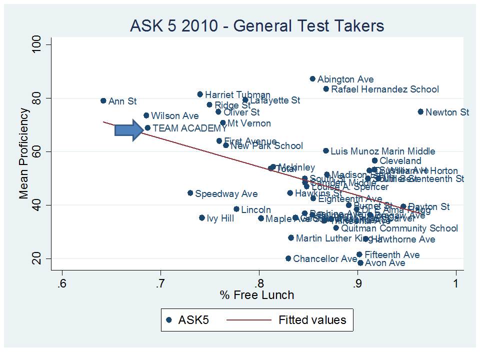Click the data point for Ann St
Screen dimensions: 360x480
pyautogui.click(x=103, y=100)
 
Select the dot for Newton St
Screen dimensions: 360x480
pyautogui.click(x=420, y=111)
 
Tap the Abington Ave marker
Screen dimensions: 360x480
pyautogui.click(x=312, y=79)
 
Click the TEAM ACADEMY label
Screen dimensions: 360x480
pyautogui.click(x=189, y=128)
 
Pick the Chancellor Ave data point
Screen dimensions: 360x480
pyautogui.click(x=288, y=258)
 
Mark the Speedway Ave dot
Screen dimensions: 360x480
pyautogui.click(x=190, y=193)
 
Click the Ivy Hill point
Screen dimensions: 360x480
pyautogui.click(x=202, y=218)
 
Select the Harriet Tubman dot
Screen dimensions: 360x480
pyautogui.click(x=200, y=94)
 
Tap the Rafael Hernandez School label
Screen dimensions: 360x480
pyautogui.click(x=384, y=89)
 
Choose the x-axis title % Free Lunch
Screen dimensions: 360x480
pyautogui.click(x=257, y=295)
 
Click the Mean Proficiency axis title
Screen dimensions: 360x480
pyautogui.click(x=23, y=153)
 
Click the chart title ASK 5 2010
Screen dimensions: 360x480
pyautogui.click(x=257, y=26)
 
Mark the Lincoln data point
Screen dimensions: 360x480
pyautogui.click(x=236, y=209)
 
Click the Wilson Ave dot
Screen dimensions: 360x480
pyautogui.click(x=146, y=115)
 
